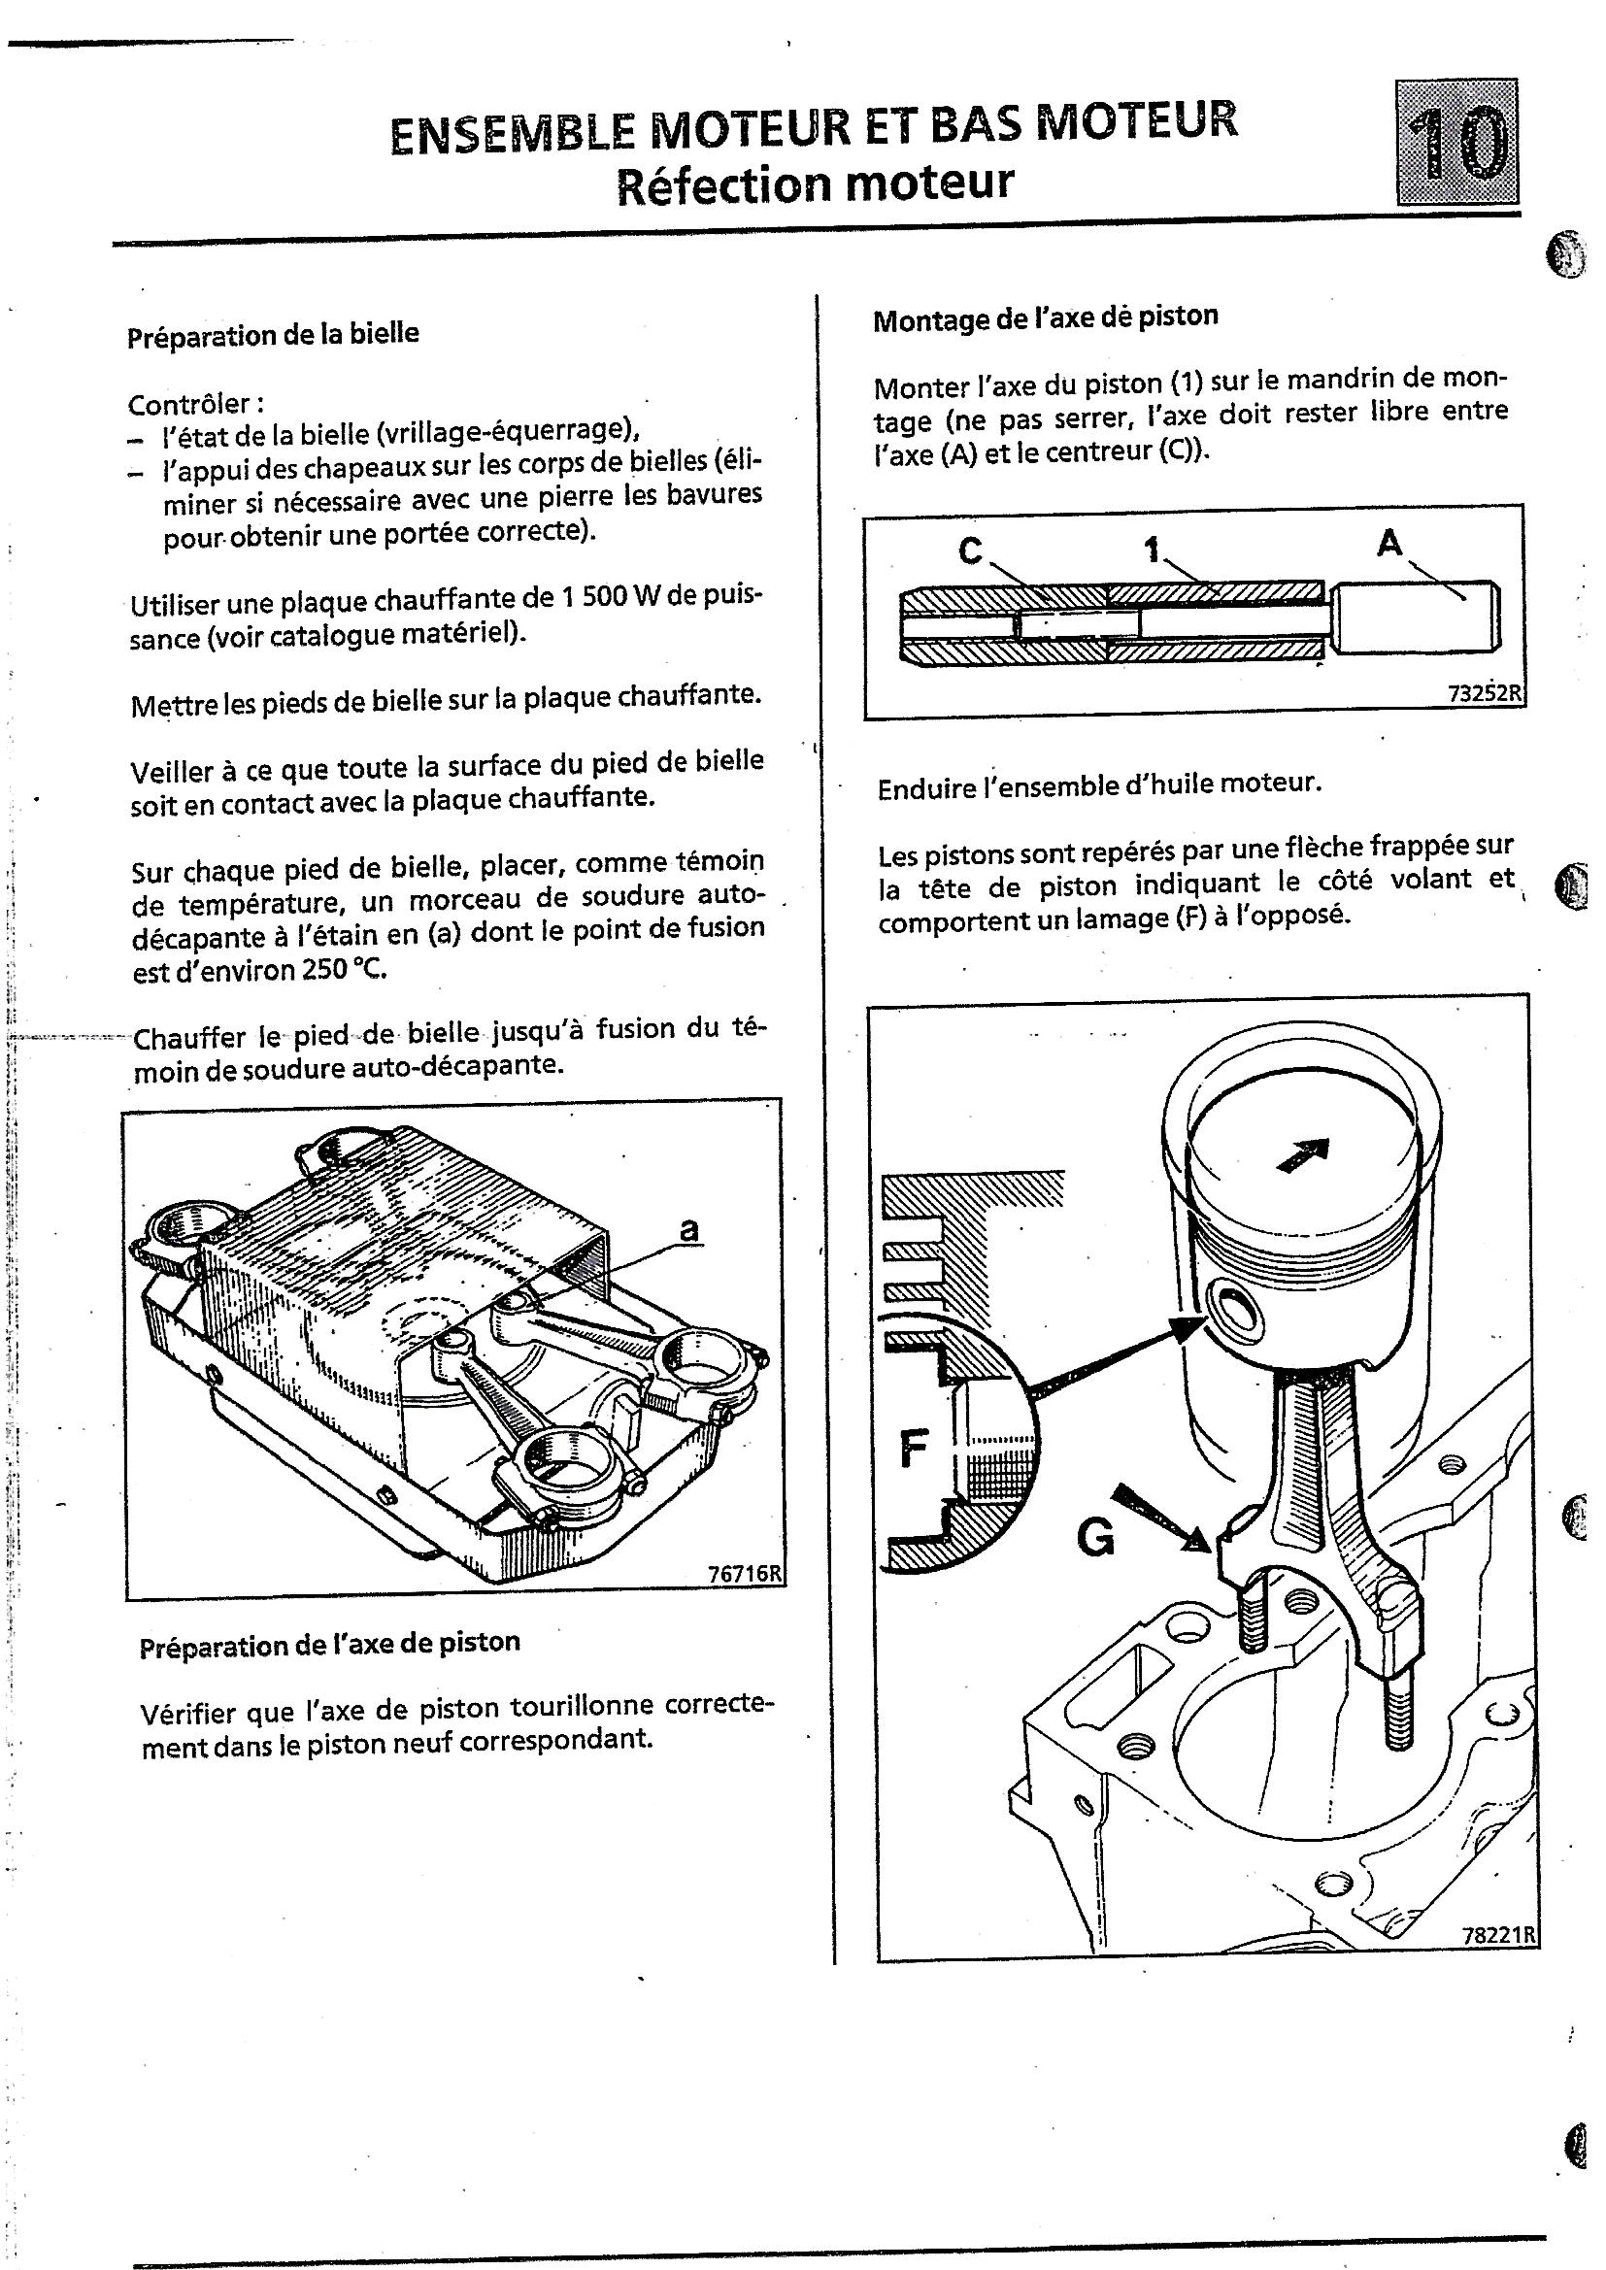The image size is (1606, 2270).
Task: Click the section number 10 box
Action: (1456, 142)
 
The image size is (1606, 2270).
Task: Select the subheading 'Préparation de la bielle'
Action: (273, 334)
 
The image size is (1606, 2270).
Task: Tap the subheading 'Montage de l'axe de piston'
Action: (1046, 317)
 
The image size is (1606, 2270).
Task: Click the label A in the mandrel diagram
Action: (1389, 542)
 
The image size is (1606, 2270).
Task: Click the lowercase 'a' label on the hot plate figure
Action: (689, 1229)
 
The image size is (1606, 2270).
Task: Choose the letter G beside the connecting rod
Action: (1094, 1537)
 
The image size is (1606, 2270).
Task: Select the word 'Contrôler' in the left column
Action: (196, 403)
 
